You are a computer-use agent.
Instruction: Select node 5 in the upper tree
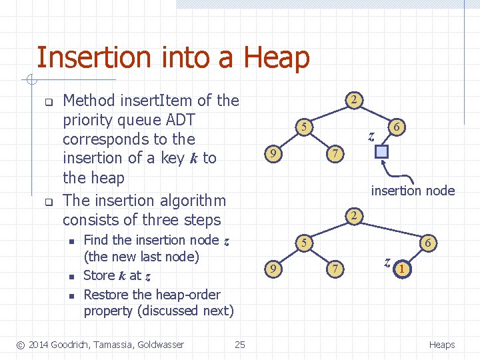point(303,127)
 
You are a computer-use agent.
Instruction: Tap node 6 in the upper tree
point(396,127)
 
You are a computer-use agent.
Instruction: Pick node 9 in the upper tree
point(271,155)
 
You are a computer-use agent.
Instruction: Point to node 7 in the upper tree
point(337,155)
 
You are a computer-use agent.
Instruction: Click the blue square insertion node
point(381,152)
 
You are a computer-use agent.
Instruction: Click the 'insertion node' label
point(413,191)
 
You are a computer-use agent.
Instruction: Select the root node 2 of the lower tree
point(356,215)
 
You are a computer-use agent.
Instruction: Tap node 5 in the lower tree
point(303,242)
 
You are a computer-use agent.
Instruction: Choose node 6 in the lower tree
point(428,243)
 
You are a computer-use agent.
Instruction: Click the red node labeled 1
point(401,269)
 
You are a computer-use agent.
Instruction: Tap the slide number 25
point(240,344)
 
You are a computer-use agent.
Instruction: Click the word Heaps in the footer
point(441,344)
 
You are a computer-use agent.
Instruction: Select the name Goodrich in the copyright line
point(72,344)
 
